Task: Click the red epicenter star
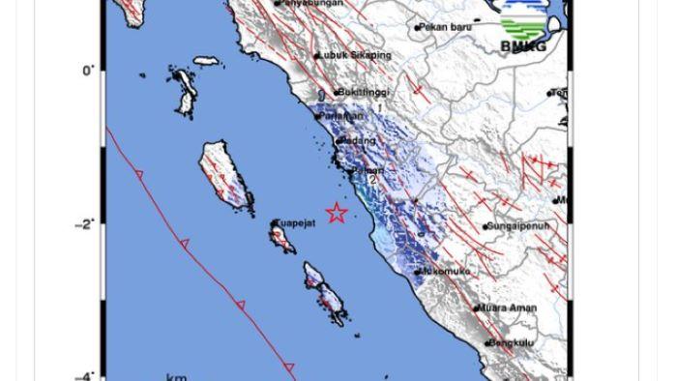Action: click(336, 213)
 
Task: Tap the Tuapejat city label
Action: click(295, 223)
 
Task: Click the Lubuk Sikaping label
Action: click(356, 56)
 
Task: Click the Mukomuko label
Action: click(446, 272)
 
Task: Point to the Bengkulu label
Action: click(512, 342)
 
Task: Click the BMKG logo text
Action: click(523, 46)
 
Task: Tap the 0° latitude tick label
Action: click(88, 71)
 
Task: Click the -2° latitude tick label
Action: click(84, 224)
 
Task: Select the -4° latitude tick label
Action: click(84, 377)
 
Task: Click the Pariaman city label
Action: click(343, 116)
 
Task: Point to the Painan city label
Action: click(368, 171)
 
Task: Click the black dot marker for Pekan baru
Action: click(418, 28)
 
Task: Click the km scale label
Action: click(176, 377)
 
